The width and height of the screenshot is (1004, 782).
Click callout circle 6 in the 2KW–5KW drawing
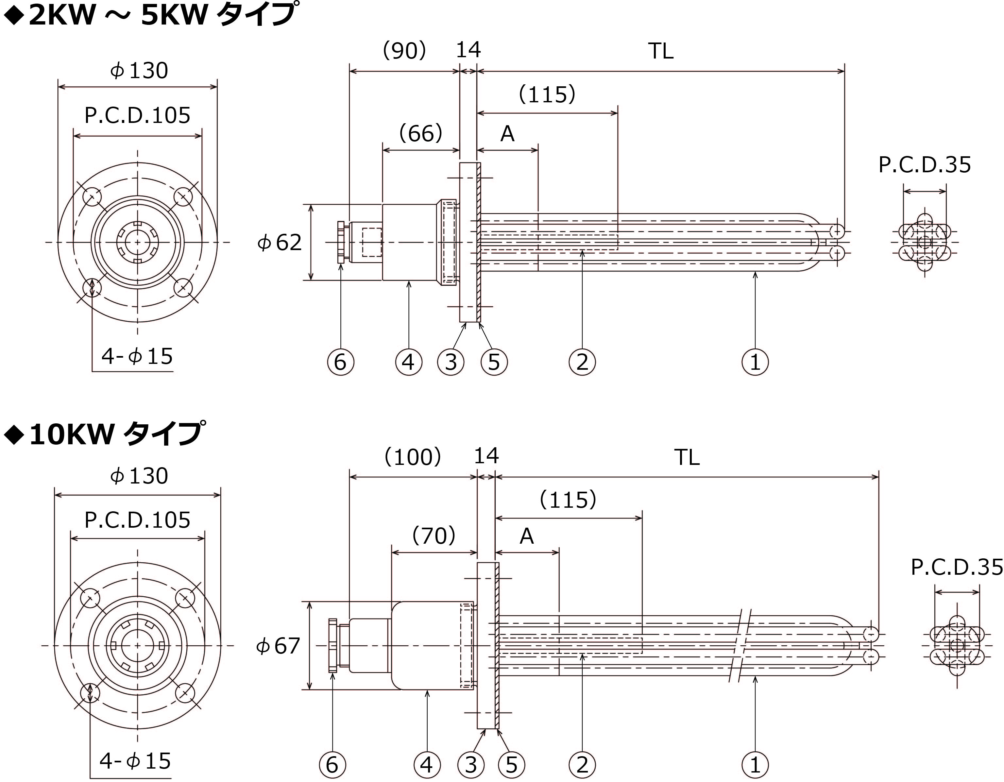click(340, 362)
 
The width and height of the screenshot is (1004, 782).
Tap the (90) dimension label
click(404, 51)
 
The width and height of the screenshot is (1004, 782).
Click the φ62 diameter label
click(280, 242)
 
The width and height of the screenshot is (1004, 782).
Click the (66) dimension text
click(421, 134)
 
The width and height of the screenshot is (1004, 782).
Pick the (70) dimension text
click(434, 535)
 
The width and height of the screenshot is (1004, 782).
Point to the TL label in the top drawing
click(661, 51)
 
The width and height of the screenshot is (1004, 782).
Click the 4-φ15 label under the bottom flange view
click(135, 761)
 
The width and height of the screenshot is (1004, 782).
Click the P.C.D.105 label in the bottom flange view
click(137, 520)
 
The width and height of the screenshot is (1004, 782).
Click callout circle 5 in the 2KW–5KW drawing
click(494, 362)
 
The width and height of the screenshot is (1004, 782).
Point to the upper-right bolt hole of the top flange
click(183, 197)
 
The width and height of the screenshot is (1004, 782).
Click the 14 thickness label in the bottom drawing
click(486, 456)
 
